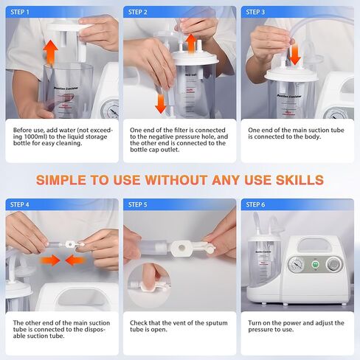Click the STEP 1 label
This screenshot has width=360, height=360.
coord(22,13)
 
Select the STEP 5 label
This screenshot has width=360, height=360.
coord(138,204)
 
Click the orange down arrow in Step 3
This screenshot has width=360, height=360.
coord(294,53)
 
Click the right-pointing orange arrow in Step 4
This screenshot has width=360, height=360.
coord(49,260)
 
